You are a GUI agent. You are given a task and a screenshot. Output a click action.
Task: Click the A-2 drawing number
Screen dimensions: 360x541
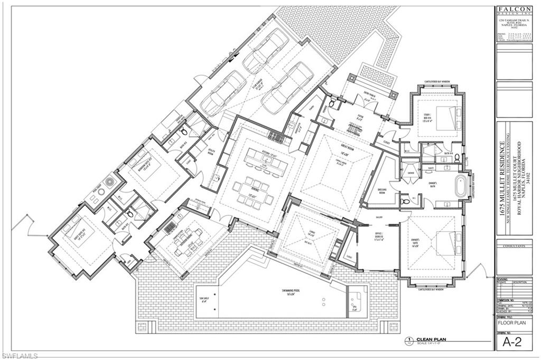point(515,343)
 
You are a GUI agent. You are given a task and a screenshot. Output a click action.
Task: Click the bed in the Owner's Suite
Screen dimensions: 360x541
point(447,243)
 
